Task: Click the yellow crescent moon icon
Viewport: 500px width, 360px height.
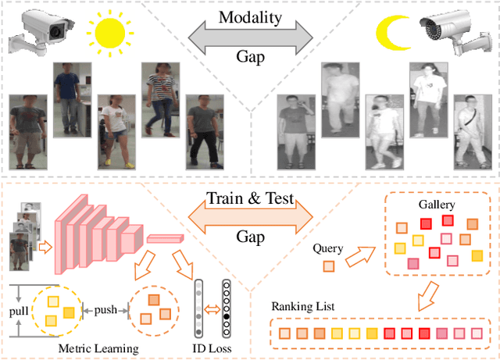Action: pyautogui.click(x=391, y=32)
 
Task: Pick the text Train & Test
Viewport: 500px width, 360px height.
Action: pyautogui.click(x=249, y=199)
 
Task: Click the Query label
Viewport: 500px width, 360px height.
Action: pyautogui.click(x=328, y=248)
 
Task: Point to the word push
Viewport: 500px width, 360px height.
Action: pyautogui.click(x=105, y=309)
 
